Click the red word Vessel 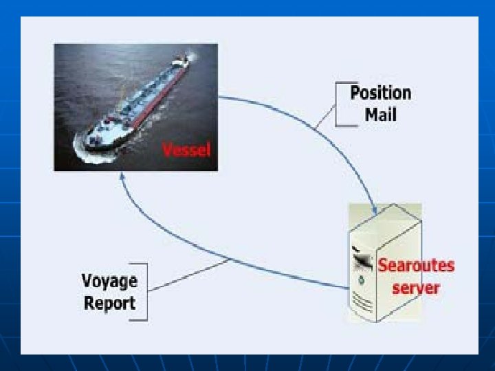click(x=186, y=149)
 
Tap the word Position click(x=380, y=93)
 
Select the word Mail click(x=380, y=114)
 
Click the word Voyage click(x=109, y=281)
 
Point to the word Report click(x=109, y=302)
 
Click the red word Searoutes click(x=416, y=265)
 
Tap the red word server click(x=415, y=286)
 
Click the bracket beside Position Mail click(x=337, y=104)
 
